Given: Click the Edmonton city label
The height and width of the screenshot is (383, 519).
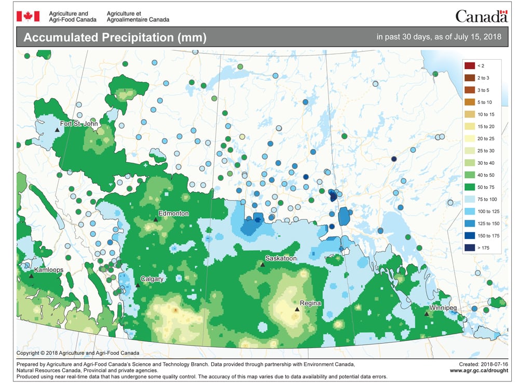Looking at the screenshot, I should tap(174, 214).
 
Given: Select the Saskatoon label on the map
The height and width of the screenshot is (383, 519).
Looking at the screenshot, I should tap(281, 258).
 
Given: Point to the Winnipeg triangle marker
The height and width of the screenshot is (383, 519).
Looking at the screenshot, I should tap(426, 314).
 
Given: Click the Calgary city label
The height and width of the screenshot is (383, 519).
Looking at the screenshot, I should tap(151, 279).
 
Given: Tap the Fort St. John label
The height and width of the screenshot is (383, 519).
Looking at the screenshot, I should tap(79, 124).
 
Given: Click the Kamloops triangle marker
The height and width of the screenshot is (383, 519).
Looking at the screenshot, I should tap(31, 276).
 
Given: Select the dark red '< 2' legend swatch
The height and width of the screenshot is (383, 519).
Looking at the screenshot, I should tap(470, 65).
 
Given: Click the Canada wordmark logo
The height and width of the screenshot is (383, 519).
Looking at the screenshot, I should tap(481, 17).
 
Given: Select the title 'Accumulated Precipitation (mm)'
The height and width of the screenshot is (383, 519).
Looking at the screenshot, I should tap(115, 38).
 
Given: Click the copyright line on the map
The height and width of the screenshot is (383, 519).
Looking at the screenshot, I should tap(74, 353).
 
